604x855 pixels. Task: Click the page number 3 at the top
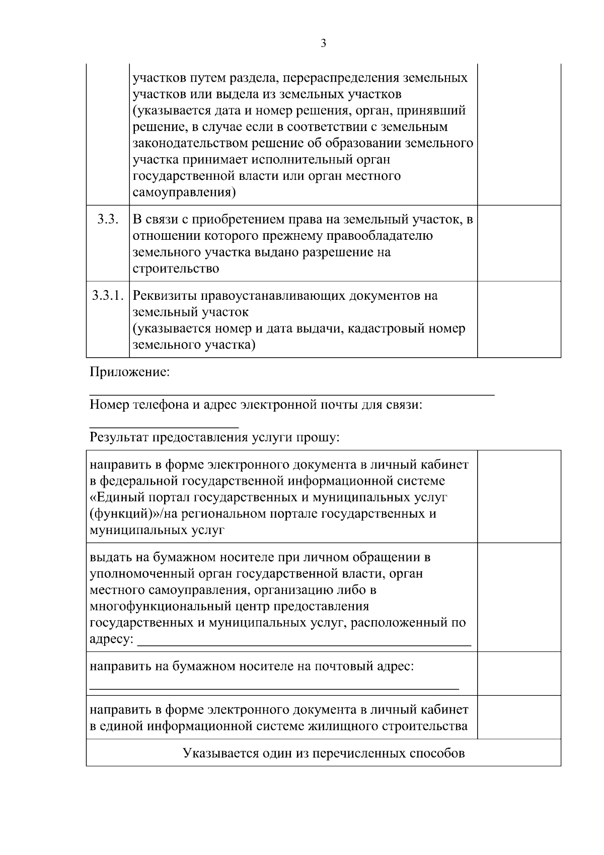point(323,44)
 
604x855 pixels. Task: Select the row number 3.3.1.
point(108,296)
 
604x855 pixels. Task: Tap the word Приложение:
point(129,372)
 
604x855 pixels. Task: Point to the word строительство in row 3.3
point(176,269)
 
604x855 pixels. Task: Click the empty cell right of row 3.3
point(519,243)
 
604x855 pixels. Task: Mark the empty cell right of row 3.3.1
point(519,319)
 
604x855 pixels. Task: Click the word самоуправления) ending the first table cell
point(184,192)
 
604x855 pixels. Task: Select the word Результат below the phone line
point(118,437)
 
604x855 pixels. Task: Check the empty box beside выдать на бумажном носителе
point(519,597)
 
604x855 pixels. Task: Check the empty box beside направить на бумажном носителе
point(519,674)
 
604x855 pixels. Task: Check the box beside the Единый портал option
point(519,497)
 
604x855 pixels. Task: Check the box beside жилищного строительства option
point(519,717)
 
